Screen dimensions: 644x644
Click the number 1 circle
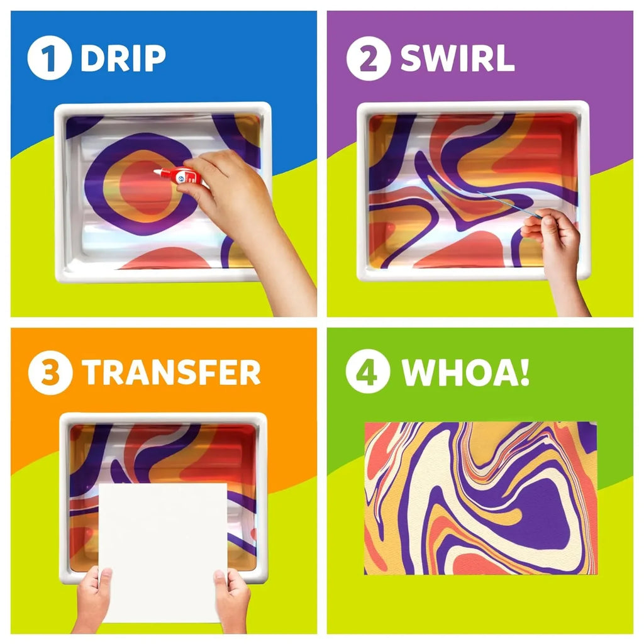point(49,57)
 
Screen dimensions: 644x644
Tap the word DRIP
point(123,58)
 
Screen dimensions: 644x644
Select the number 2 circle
point(369,58)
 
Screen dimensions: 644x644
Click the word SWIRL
point(457,58)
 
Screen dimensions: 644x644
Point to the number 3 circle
point(50,372)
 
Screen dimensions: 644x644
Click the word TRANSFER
point(171,372)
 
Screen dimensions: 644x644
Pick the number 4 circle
point(368,371)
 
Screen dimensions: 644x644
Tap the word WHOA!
point(465,372)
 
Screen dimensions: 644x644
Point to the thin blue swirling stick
point(509,204)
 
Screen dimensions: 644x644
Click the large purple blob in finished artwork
point(542,513)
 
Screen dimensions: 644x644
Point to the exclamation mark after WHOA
point(525,372)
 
